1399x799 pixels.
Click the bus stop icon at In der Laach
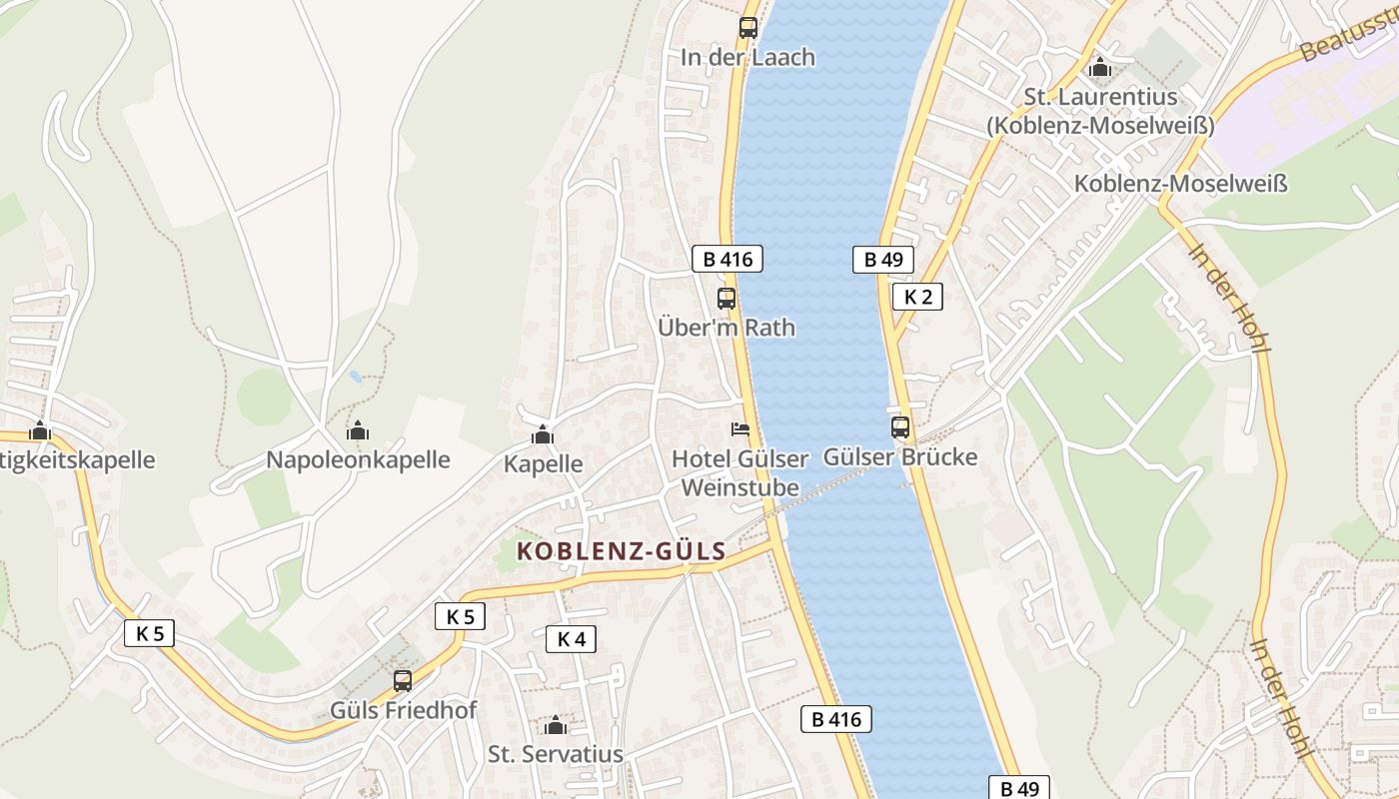click(x=747, y=28)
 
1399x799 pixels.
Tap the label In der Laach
click(x=747, y=58)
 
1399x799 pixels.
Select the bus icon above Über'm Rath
click(x=726, y=298)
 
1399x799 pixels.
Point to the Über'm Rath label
click(x=726, y=327)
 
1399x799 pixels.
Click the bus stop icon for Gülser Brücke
click(x=900, y=427)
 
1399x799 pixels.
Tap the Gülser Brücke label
click(x=899, y=457)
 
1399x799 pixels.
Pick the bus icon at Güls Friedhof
click(x=403, y=681)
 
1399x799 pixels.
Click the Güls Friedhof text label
click(x=404, y=711)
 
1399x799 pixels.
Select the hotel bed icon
click(x=739, y=429)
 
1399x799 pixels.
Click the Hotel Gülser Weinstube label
click(x=739, y=473)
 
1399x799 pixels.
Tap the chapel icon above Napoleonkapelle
click(x=358, y=430)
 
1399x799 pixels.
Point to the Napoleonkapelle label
click(x=358, y=460)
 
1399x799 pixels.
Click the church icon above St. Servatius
click(x=556, y=725)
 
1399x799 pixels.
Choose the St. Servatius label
click(x=556, y=754)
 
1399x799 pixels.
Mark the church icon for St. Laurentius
click(x=1100, y=68)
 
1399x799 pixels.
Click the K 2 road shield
click(x=917, y=297)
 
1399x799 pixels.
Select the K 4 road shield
click(x=571, y=639)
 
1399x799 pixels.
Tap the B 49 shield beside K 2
click(x=883, y=260)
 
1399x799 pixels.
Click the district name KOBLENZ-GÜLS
click(x=621, y=551)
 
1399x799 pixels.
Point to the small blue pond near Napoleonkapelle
click(x=356, y=377)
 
